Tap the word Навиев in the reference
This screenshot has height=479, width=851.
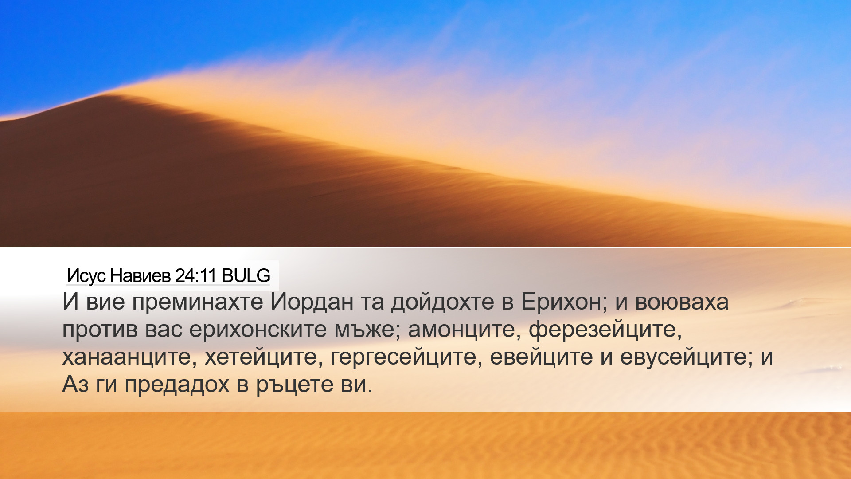[x=140, y=276]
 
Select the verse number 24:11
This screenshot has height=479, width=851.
[x=195, y=276]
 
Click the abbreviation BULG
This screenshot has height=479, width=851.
[x=246, y=276]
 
